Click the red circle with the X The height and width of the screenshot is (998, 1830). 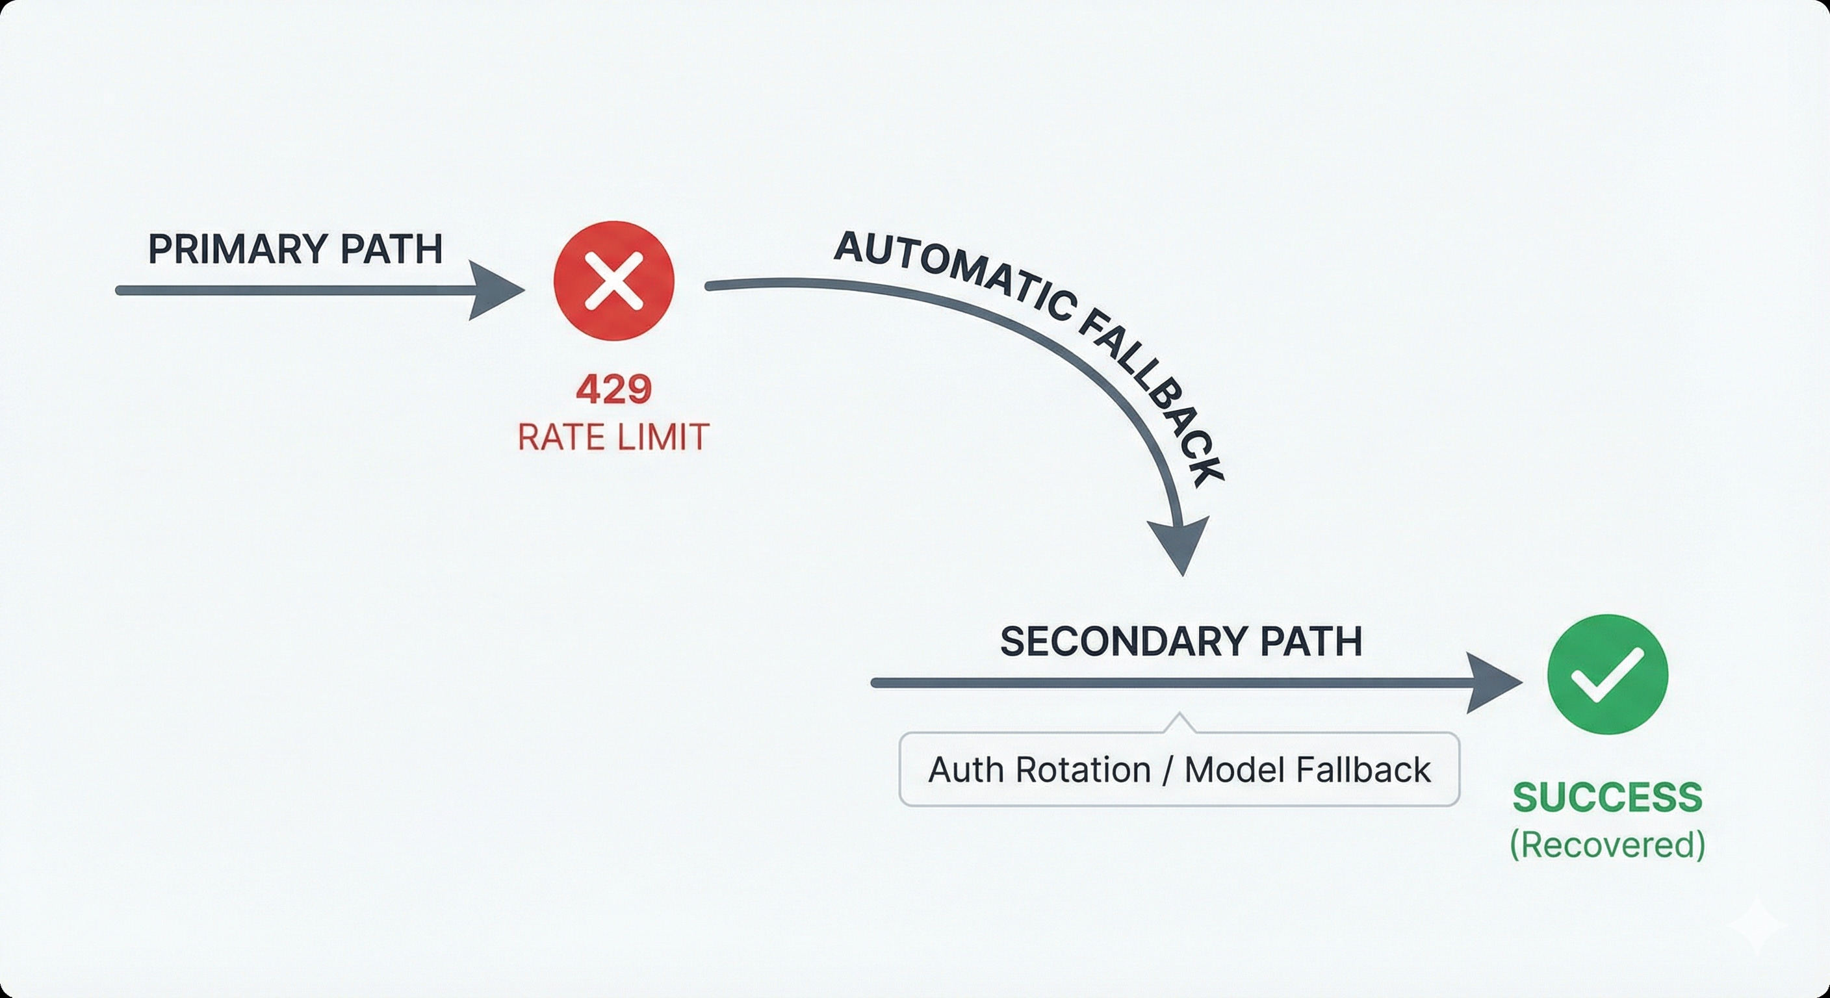(x=613, y=280)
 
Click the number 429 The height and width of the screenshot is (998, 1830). (x=613, y=390)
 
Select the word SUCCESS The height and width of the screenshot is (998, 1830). (x=1607, y=798)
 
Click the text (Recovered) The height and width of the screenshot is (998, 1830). (x=1607, y=845)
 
